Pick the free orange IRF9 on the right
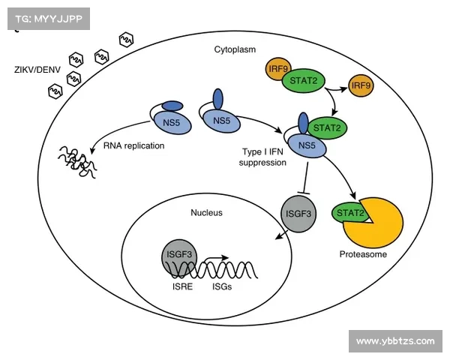[x=361, y=85]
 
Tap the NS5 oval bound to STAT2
[x=307, y=145]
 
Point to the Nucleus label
[x=206, y=213]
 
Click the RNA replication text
[x=134, y=145]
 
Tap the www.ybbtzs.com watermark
[x=394, y=341]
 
